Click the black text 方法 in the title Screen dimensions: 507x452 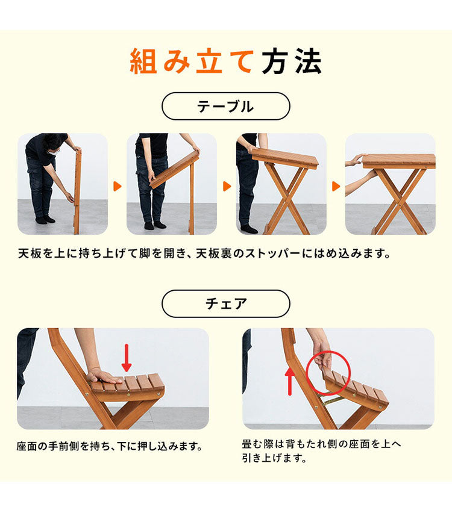point(292,62)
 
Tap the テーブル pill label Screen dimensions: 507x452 point(225,107)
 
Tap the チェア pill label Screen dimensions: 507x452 point(225,303)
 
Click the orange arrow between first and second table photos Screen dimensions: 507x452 point(117,186)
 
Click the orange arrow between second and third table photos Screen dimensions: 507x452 point(227,186)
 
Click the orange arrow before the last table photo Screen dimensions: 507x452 point(336,186)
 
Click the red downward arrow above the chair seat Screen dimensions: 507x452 point(127,357)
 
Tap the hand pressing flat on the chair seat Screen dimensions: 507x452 point(102,377)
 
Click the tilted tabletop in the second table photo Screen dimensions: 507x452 point(174,170)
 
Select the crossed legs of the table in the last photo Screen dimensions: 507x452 point(399,199)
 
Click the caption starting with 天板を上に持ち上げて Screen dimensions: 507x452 point(204,252)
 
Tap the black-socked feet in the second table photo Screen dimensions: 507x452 point(154,225)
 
